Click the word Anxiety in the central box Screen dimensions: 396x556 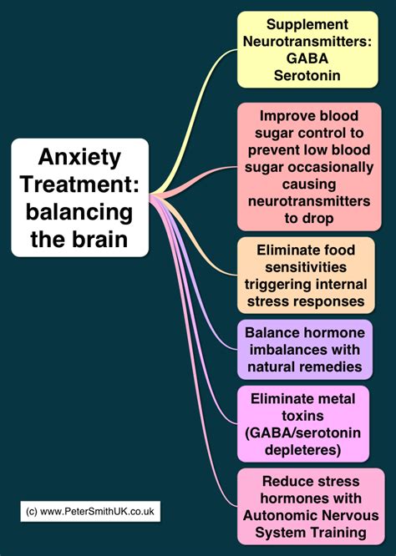(79, 158)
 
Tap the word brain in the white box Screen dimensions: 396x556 (100, 239)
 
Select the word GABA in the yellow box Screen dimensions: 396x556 (307, 58)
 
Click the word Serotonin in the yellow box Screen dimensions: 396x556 (307, 75)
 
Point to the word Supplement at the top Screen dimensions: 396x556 (307, 24)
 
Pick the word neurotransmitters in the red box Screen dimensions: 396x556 (309, 201)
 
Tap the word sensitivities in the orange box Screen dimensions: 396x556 (306, 267)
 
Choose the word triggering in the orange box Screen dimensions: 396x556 (273, 285)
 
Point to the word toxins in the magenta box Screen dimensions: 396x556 (302, 416)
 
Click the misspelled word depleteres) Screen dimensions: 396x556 (302, 450)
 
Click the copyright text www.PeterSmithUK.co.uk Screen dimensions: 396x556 (97, 511)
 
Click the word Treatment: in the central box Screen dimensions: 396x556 (79, 184)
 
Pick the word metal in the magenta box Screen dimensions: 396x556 (336, 398)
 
